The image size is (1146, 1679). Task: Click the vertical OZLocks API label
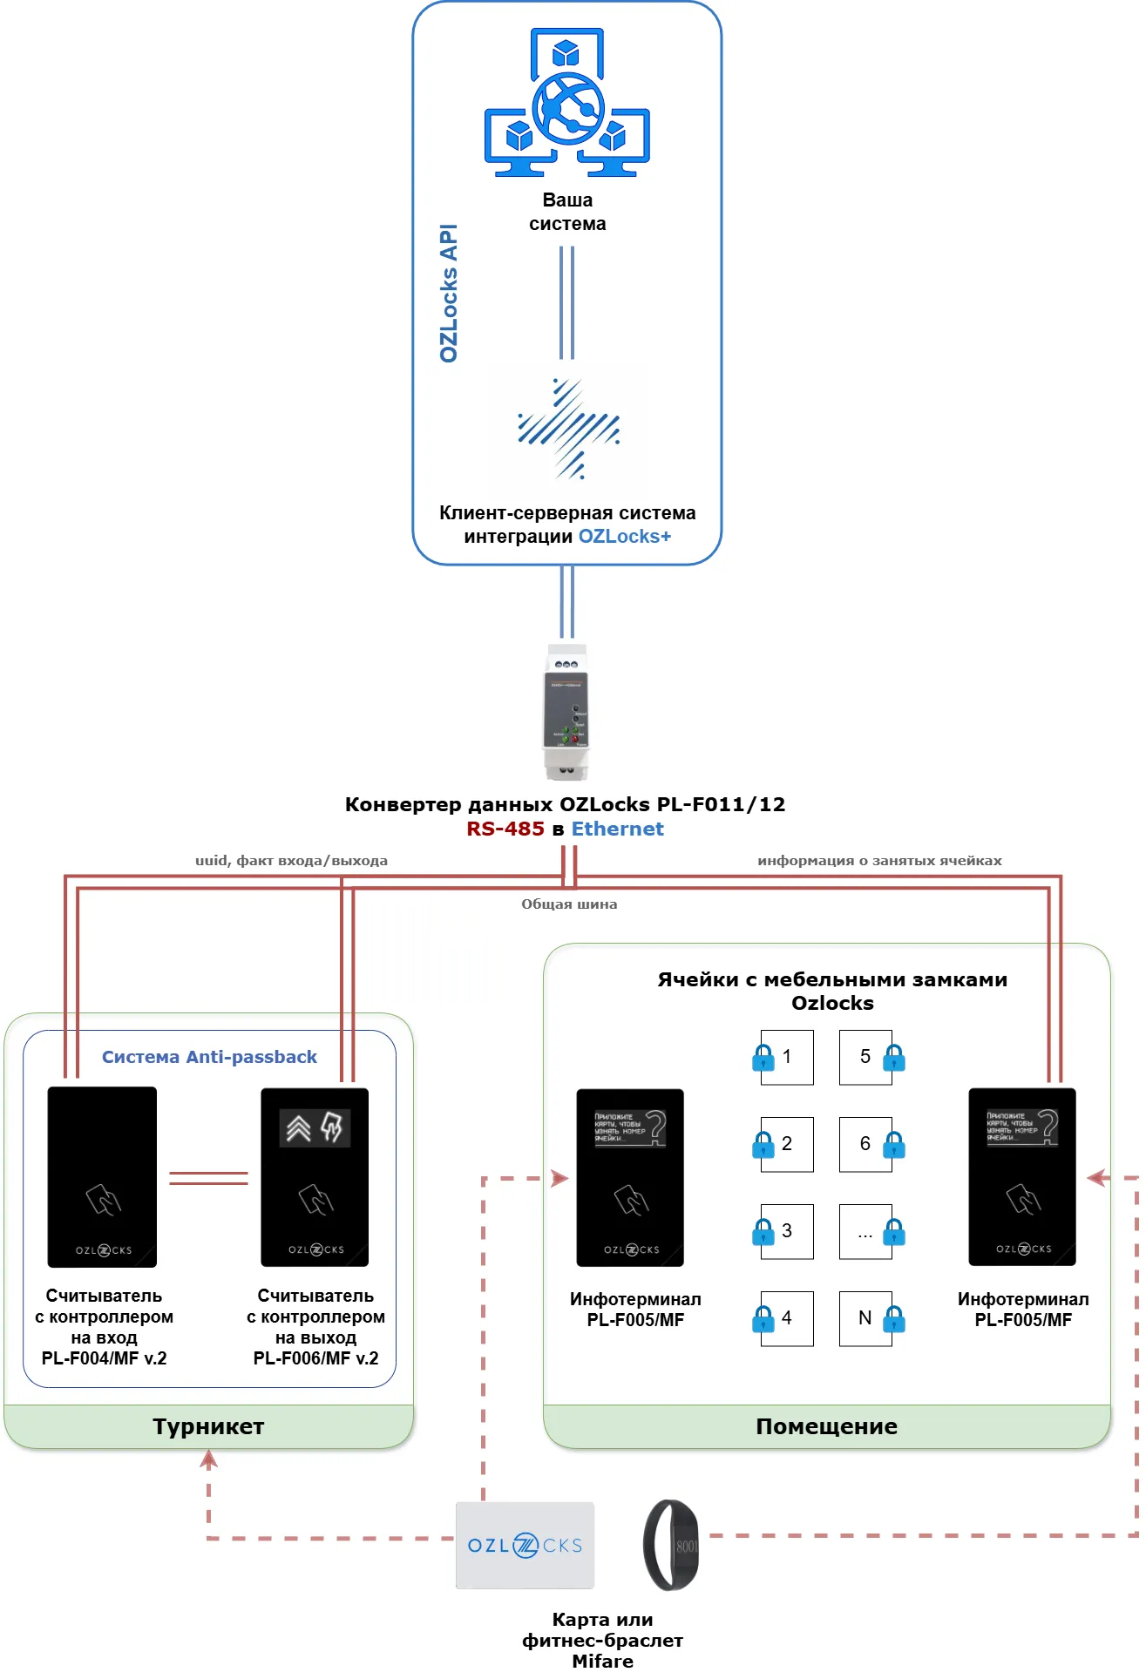449,293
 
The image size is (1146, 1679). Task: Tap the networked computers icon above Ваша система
567,102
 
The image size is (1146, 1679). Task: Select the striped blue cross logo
568,429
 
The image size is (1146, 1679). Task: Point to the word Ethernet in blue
617,829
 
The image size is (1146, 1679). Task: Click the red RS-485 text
505,829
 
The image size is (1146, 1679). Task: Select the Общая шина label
569,904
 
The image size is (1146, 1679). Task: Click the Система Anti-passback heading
209,1057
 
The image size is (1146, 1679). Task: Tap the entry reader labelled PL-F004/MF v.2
102,1176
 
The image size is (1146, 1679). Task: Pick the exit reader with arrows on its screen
315,1176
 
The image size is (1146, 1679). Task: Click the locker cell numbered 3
787,1231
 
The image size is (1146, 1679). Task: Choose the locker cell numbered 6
865,1144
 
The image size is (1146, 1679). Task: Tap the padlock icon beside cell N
894,1319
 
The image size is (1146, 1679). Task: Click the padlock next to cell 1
763,1058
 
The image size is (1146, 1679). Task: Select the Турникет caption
208,1426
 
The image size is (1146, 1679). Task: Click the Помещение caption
826,1426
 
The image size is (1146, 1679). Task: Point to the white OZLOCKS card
525,1545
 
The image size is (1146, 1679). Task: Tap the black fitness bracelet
671,1545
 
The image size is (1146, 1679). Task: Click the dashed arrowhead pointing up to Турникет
208,1458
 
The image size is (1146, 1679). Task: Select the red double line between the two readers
208,1178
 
